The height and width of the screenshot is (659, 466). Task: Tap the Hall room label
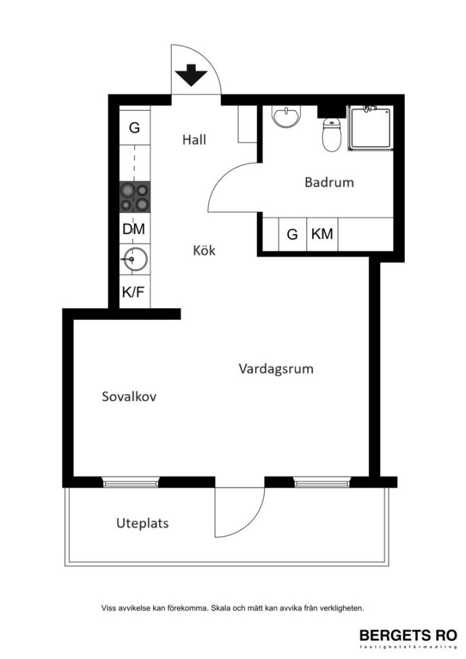[x=194, y=139]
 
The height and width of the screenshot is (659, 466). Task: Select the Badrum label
[x=329, y=182]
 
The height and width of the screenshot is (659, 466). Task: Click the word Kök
[x=204, y=250]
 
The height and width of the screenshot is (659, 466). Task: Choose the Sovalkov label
[x=129, y=396]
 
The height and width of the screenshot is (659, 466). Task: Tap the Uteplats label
[x=142, y=523]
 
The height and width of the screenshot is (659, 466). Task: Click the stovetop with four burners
[x=135, y=198]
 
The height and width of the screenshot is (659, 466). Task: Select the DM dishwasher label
[x=134, y=228]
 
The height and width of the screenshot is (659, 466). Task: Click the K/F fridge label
[x=134, y=292]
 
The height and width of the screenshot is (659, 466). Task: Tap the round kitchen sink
[x=134, y=261]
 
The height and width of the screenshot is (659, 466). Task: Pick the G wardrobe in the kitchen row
[x=135, y=127]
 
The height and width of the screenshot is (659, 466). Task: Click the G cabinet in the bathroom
[x=292, y=234]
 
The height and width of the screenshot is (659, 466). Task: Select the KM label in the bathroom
[x=322, y=234]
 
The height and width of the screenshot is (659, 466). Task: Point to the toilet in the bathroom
[x=331, y=135]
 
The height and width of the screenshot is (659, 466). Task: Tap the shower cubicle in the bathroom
[x=370, y=129]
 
